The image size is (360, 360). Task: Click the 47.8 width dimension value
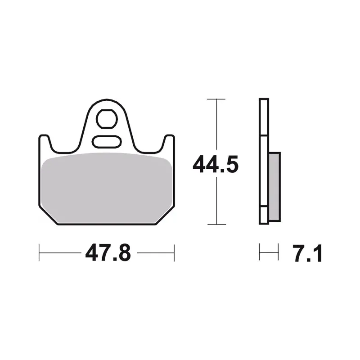pos(108,253)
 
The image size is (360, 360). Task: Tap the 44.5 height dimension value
pos(216,164)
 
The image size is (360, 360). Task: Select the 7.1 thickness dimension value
pos(308,253)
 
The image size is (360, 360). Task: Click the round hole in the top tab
pos(107,119)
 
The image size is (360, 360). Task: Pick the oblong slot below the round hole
pos(107,141)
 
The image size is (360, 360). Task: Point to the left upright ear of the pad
pos(44,142)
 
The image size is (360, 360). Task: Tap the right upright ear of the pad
pos(169,142)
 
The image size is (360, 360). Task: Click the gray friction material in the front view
pos(107,188)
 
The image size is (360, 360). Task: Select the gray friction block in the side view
pos(274,187)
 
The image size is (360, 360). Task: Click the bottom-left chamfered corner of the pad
pos(48,215)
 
